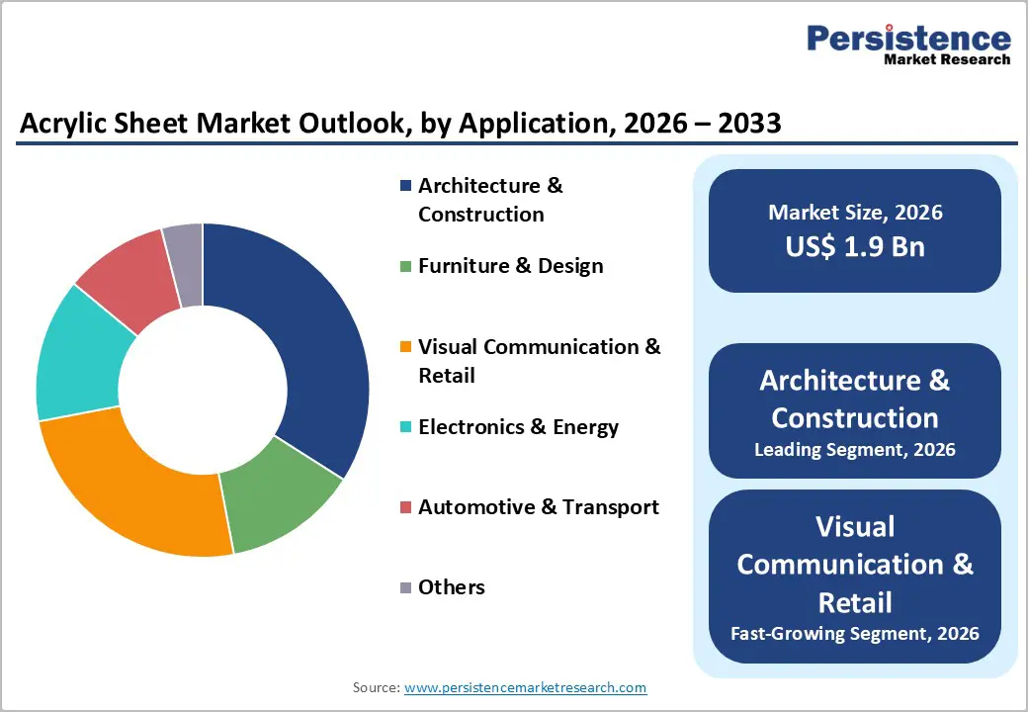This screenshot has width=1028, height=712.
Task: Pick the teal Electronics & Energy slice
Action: point(79,356)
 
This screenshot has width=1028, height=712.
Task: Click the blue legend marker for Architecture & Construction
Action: point(405,186)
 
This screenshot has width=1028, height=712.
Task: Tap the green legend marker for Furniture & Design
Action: point(405,266)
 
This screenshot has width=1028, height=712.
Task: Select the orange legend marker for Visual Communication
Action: point(405,347)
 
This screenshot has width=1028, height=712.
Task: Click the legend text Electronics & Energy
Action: point(518,427)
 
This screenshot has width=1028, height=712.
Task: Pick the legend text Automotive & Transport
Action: point(538,507)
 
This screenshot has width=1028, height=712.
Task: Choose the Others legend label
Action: point(452,587)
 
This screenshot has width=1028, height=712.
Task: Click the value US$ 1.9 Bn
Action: point(855,246)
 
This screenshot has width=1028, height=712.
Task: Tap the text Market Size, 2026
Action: point(855,213)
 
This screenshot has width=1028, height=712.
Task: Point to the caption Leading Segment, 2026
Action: point(855,450)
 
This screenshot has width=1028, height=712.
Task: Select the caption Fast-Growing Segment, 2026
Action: point(855,633)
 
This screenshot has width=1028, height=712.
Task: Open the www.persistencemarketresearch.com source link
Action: point(525,687)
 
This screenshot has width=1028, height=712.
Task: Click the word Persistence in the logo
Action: point(908,39)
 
